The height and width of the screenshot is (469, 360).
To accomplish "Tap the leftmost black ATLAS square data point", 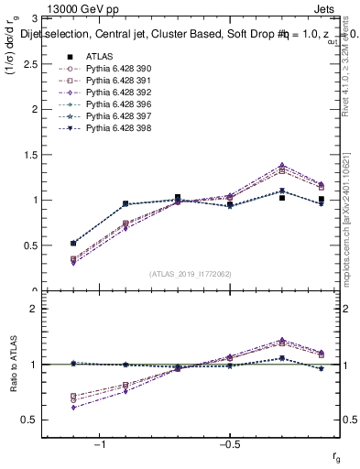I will pyautogui.click(x=73, y=244).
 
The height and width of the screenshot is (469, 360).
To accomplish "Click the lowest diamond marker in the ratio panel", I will pyautogui.click(x=73, y=407).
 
